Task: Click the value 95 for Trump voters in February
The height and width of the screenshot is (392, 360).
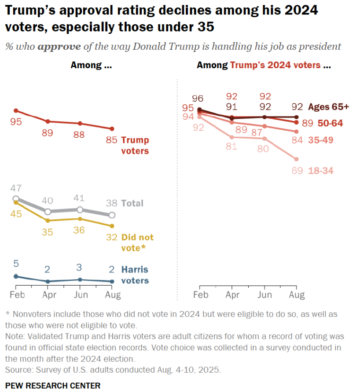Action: click(16, 121)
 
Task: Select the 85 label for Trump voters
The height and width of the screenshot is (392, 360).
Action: click(111, 141)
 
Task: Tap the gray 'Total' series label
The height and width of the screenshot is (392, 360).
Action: click(132, 203)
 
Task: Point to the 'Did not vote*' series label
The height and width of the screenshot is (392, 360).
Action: click(137, 242)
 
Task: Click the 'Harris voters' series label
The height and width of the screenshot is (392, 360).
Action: click(135, 275)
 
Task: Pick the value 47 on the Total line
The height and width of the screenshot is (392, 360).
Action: click(16, 189)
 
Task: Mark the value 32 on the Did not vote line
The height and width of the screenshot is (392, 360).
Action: click(111, 238)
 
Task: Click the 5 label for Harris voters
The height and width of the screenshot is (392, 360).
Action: click(16, 264)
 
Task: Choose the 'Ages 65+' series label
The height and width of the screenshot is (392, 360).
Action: click(329, 106)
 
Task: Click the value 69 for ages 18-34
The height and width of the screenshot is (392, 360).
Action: click(297, 170)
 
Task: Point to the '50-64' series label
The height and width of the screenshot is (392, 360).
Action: click(327, 123)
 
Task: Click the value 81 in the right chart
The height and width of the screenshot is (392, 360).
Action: click(231, 147)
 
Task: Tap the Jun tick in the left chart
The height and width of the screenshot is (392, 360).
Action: click(80, 295)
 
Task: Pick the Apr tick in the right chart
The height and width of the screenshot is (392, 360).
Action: click(232, 295)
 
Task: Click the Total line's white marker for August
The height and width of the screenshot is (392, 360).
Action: click(112, 215)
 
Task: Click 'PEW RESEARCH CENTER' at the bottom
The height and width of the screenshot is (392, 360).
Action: click(53, 385)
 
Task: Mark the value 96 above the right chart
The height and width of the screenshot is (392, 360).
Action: click(200, 99)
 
